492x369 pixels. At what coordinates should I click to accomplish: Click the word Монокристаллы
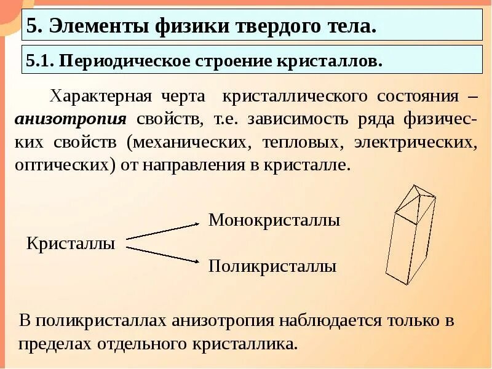(274, 220)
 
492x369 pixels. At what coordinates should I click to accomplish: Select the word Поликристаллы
(272, 266)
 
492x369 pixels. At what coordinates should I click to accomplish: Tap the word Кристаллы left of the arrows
(71, 243)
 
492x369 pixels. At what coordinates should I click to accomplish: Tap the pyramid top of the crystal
(416, 198)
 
